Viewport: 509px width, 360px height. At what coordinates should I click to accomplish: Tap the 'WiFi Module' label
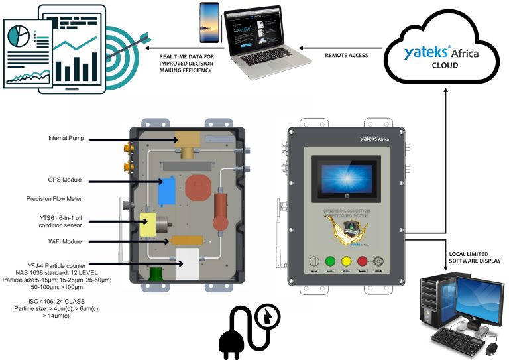66,241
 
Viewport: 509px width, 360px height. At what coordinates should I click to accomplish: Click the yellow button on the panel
346,261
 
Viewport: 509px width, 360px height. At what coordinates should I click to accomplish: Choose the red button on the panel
363,261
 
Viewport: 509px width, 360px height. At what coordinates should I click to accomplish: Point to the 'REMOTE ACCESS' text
347,55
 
